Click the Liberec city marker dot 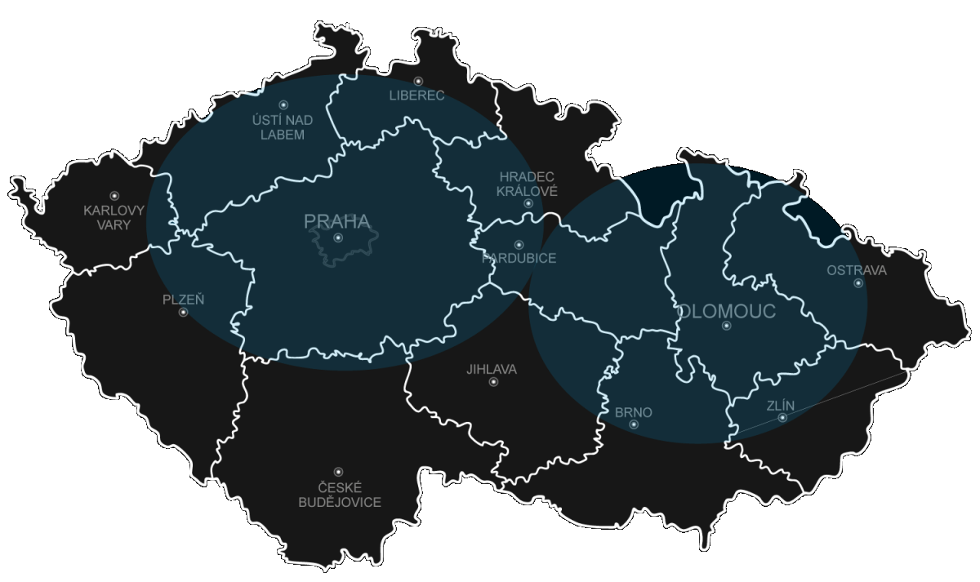pyautogui.click(x=418, y=81)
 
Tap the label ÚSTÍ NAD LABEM pyautogui.click(x=283, y=127)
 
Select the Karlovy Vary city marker pyautogui.click(x=114, y=196)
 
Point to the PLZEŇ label pyautogui.click(x=184, y=300)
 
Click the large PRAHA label pyautogui.click(x=337, y=221)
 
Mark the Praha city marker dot pyautogui.click(x=338, y=238)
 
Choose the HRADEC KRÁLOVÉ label pyautogui.click(x=528, y=184)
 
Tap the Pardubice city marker pyautogui.click(x=518, y=244)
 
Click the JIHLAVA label pyautogui.click(x=492, y=369)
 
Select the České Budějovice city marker pyautogui.click(x=338, y=472)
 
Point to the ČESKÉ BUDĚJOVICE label pyautogui.click(x=339, y=495)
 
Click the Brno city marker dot pyautogui.click(x=634, y=424)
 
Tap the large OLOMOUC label pyautogui.click(x=726, y=311)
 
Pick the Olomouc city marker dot pyautogui.click(x=726, y=326)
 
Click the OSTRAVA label pyautogui.click(x=856, y=270)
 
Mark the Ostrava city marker pyautogui.click(x=858, y=283)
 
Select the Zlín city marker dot pyautogui.click(x=782, y=418)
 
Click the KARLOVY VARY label pyautogui.click(x=114, y=217)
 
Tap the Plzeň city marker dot pyautogui.click(x=183, y=313)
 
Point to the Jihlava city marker pyautogui.click(x=493, y=382)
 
